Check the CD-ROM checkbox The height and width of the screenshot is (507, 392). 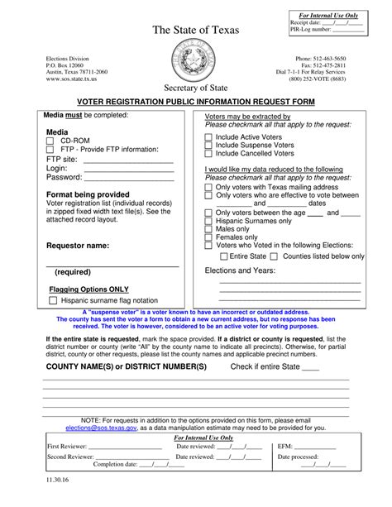pyautogui.click(x=52, y=141)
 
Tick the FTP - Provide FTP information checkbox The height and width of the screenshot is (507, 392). pyautogui.click(x=52, y=150)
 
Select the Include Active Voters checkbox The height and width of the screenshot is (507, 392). pyautogui.click(x=209, y=137)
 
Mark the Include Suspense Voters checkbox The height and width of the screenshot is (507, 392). pyautogui.click(x=209, y=146)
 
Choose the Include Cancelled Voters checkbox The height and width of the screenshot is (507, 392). pyautogui.click(x=209, y=154)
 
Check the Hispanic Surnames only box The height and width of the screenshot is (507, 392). pyautogui.click(x=209, y=221)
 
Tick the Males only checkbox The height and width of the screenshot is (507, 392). pyautogui.click(x=209, y=229)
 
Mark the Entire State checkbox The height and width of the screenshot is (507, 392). pyautogui.click(x=224, y=256)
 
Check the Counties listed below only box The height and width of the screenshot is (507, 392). pyautogui.click(x=275, y=256)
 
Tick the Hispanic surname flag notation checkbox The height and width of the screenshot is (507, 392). pyautogui.click(x=52, y=301)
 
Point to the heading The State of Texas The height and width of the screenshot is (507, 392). pyautogui.click(x=195, y=31)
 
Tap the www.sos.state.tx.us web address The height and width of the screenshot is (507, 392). pyautogui.click(x=70, y=79)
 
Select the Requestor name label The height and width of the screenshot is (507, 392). pyautogui.click(x=78, y=246)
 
